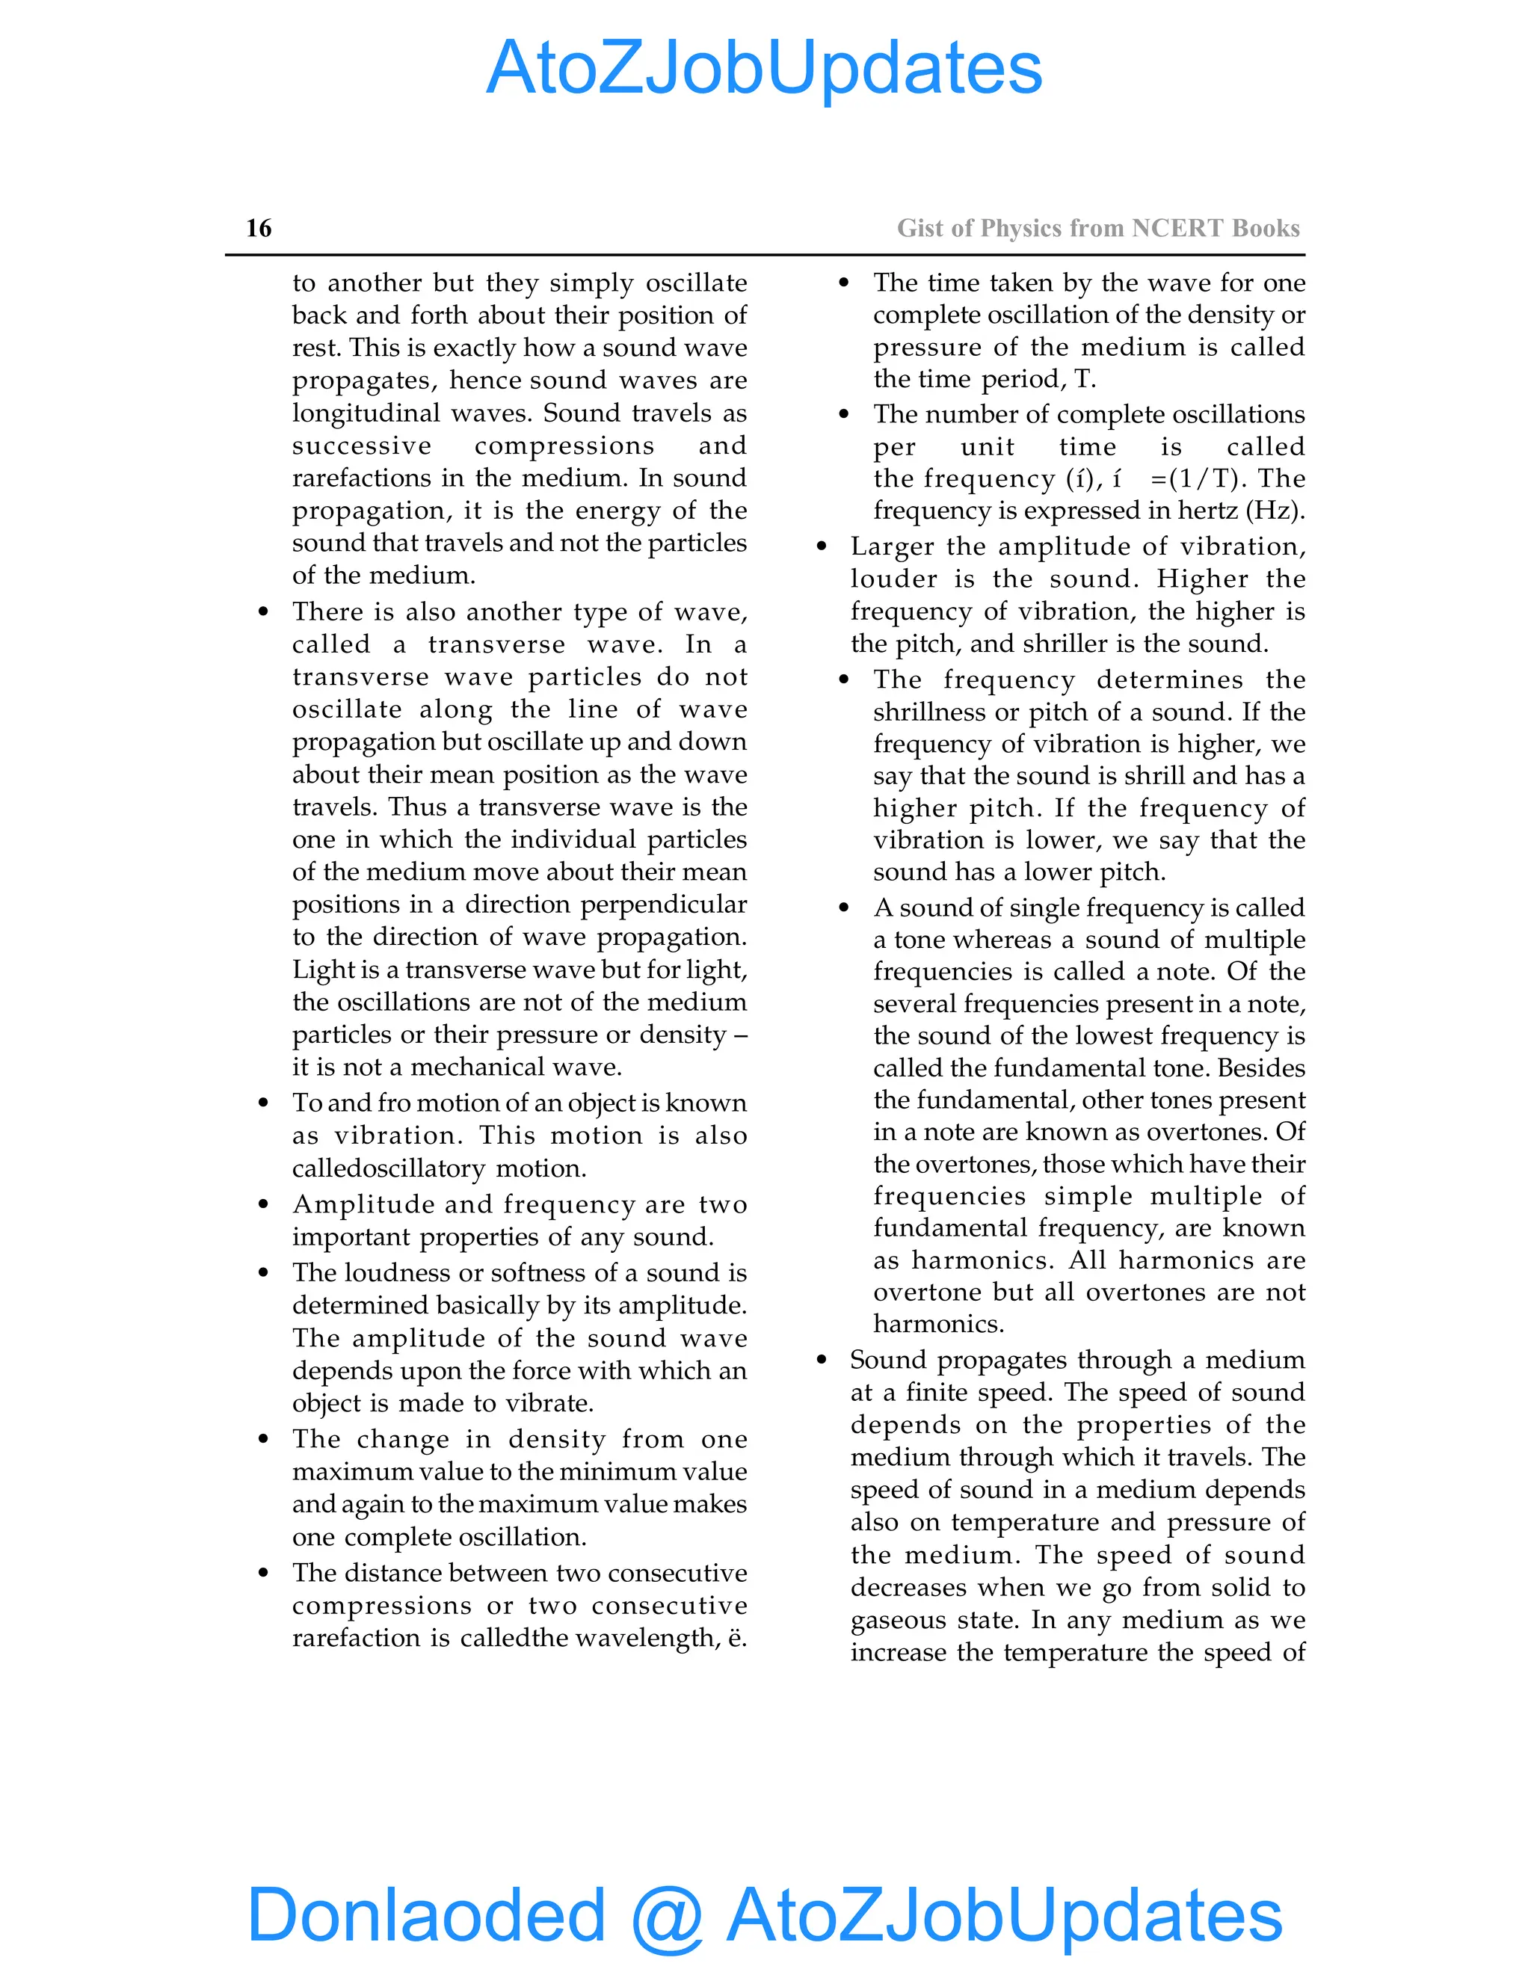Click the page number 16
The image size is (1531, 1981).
pyautogui.click(x=259, y=228)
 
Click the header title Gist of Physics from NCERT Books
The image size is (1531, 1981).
pyautogui.click(x=1097, y=228)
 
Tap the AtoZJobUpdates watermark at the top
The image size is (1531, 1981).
pyautogui.click(x=765, y=68)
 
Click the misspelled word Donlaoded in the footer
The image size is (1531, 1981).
pyautogui.click(x=426, y=1914)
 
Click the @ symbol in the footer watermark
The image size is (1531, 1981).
pyautogui.click(x=667, y=1916)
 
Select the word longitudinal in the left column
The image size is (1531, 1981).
pyautogui.click(x=367, y=413)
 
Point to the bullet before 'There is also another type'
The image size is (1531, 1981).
pyautogui.click(x=263, y=612)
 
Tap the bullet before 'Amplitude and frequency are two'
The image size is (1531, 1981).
pyautogui.click(x=263, y=1204)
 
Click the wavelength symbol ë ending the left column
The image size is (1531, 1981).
pyautogui.click(x=736, y=1638)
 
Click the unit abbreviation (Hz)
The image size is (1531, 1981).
pyautogui.click(x=1277, y=511)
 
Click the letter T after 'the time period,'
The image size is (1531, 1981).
pyautogui.click(x=1084, y=379)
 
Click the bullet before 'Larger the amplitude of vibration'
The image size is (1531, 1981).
pyautogui.click(x=822, y=547)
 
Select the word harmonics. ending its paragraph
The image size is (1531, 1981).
pyautogui.click(x=938, y=1325)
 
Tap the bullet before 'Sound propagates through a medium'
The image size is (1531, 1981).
pyautogui.click(x=822, y=1360)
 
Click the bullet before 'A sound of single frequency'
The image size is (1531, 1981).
pyautogui.click(x=845, y=908)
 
